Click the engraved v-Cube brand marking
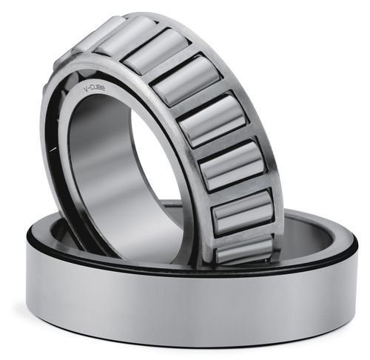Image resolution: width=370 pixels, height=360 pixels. tap(95, 88)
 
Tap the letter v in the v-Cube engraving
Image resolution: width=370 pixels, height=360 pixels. tap(86, 90)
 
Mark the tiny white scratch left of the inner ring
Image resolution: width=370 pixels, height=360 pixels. tap(53, 149)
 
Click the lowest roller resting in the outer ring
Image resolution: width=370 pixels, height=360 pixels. tap(245, 250)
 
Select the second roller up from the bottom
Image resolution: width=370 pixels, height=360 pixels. tap(243, 213)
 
